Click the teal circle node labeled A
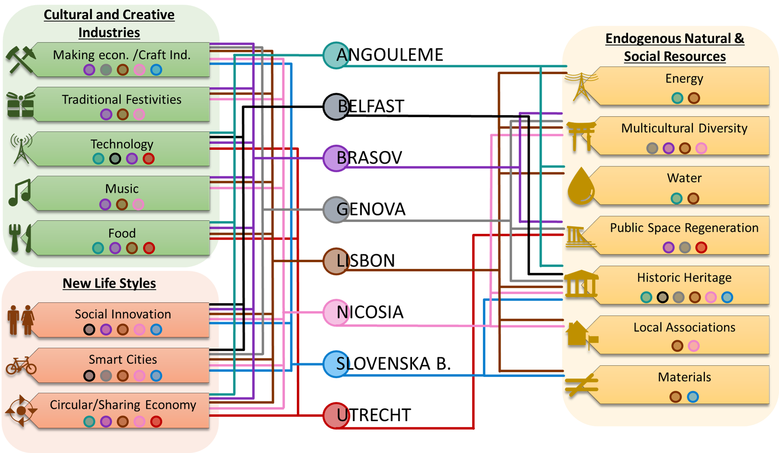pyautogui.click(x=336, y=55)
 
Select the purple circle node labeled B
pyautogui.click(x=336, y=158)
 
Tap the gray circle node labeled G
pyautogui.click(x=336, y=209)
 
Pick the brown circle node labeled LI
pyautogui.click(x=336, y=261)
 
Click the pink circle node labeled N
pyautogui.click(x=336, y=312)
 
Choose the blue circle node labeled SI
pyautogui.click(x=336, y=364)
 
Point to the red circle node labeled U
pyautogui.click(x=336, y=415)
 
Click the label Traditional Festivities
pyautogui.click(x=122, y=99)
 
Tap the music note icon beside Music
pyautogui.click(x=19, y=192)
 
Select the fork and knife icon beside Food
pyautogui.click(x=20, y=238)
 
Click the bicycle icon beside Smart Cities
pyautogui.click(x=21, y=366)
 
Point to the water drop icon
pyautogui.click(x=581, y=187)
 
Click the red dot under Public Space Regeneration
pyautogui.click(x=701, y=247)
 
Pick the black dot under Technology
pyautogui.click(x=115, y=159)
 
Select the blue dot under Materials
pyautogui.click(x=693, y=397)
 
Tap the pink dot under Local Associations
pyautogui.click(x=694, y=345)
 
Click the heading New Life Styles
pyautogui.click(x=109, y=283)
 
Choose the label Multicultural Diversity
pyautogui.click(x=684, y=128)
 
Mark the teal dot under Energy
pyautogui.click(x=677, y=98)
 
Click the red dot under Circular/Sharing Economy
pyautogui.click(x=156, y=422)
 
